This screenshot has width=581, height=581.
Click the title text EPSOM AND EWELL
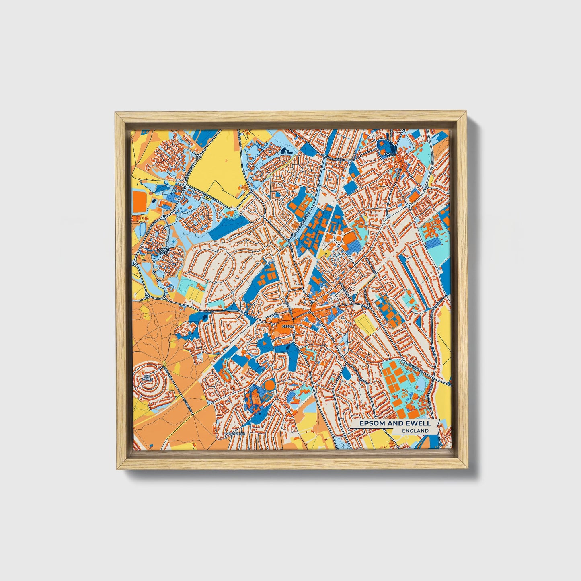[394, 423]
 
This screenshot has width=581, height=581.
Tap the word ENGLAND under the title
[415, 431]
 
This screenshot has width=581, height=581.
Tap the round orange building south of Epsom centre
[270, 385]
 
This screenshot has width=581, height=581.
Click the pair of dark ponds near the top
[287, 151]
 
